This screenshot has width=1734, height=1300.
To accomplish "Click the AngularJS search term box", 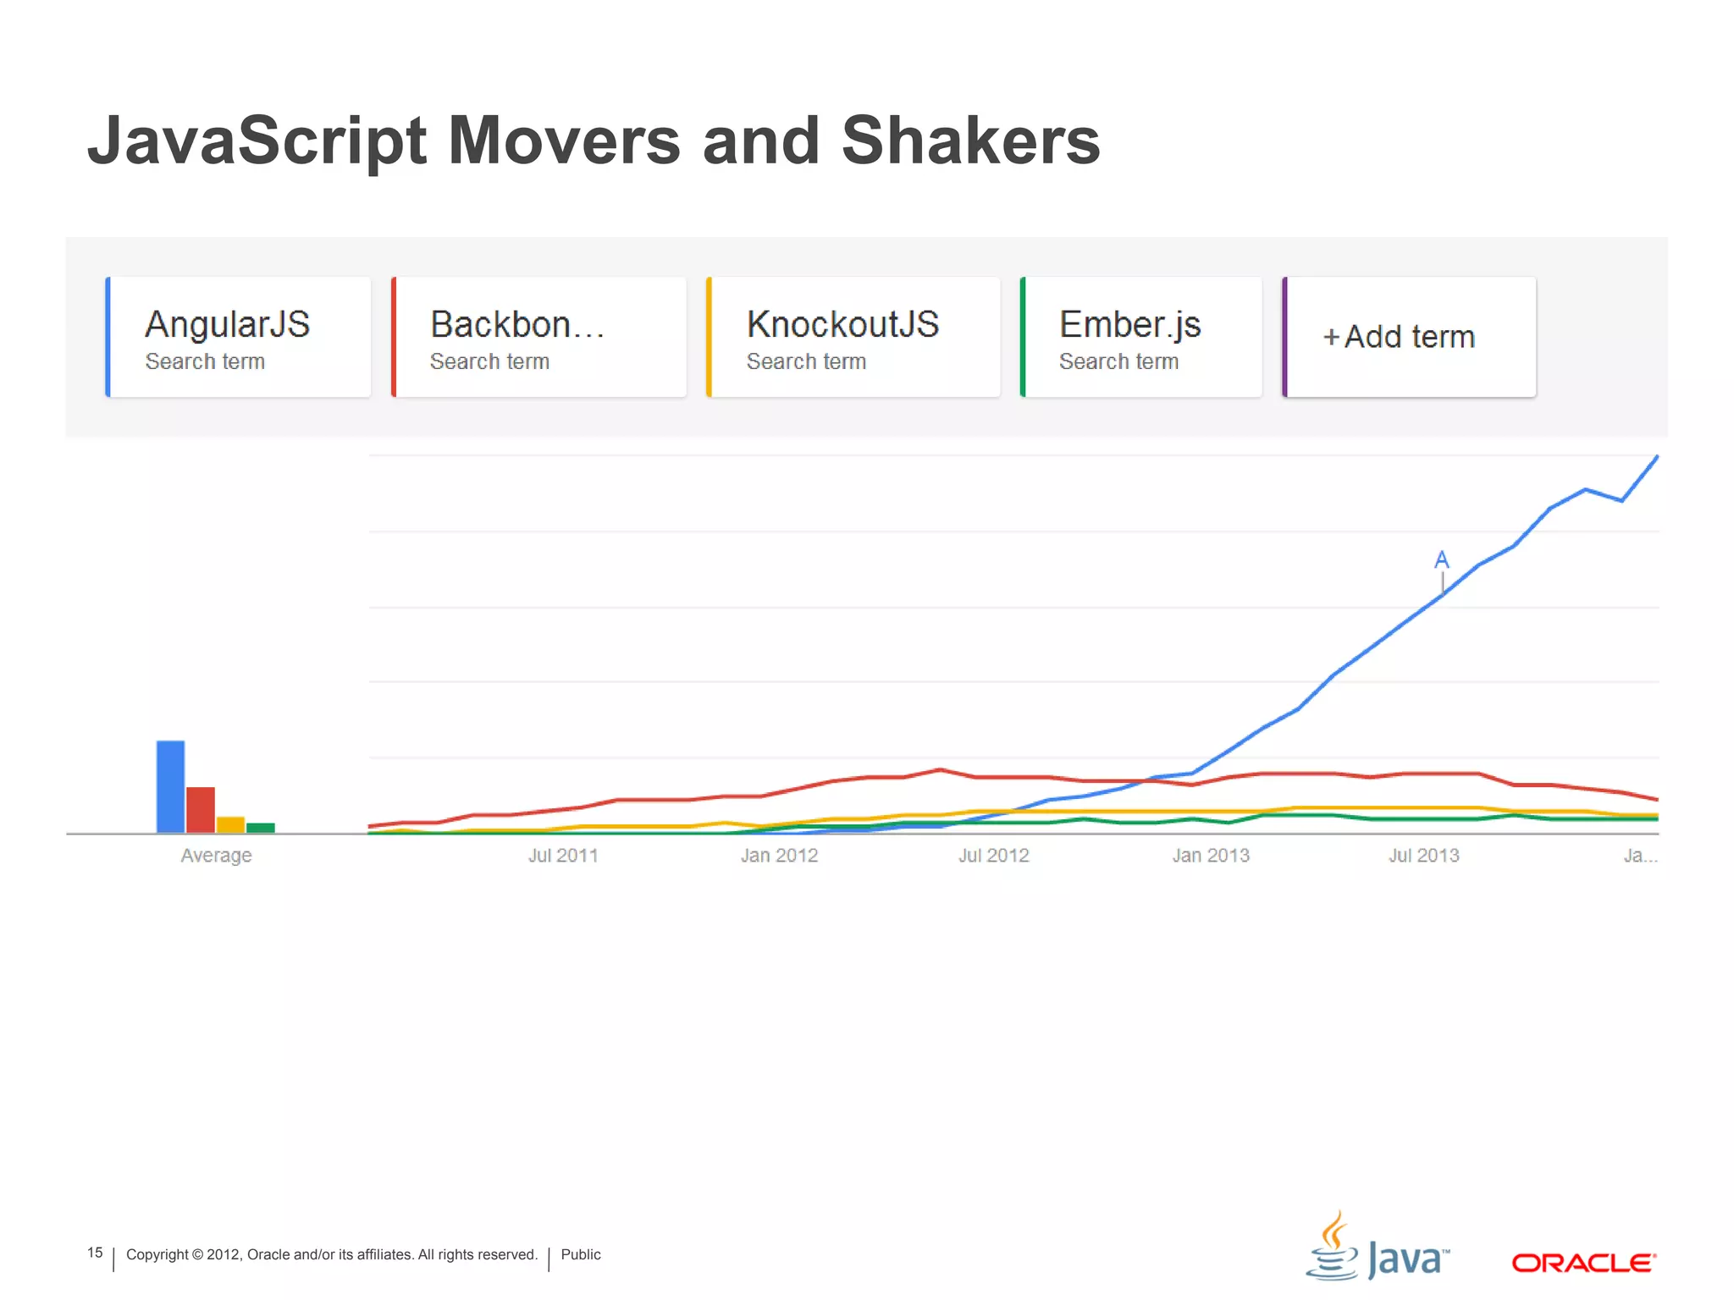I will pyautogui.click(x=239, y=337).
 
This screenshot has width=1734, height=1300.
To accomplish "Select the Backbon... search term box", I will pyautogui.click(x=539, y=337).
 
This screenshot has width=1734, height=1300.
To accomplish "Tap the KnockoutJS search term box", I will pyautogui.click(x=853, y=337).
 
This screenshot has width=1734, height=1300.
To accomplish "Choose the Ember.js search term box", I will pyautogui.click(x=1141, y=337).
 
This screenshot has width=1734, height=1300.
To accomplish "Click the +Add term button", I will pyautogui.click(x=1410, y=337).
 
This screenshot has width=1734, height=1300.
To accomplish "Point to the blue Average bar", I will pyautogui.click(x=170, y=787).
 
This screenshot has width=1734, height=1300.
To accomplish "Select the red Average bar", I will pyautogui.click(x=201, y=810).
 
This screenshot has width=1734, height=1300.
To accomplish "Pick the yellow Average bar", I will pyautogui.click(x=230, y=824).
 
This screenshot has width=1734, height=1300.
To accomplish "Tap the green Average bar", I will pyautogui.click(x=261, y=828).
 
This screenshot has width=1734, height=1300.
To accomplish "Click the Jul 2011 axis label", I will pyautogui.click(x=563, y=856).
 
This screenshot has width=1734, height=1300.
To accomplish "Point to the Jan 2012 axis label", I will pyautogui.click(x=779, y=856).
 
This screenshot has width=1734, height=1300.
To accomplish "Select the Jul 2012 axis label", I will pyautogui.click(x=993, y=856).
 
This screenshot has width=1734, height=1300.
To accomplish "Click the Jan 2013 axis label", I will pyautogui.click(x=1211, y=856).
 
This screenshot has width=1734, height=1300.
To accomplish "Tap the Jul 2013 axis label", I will pyautogui.click(x=1424, y=856).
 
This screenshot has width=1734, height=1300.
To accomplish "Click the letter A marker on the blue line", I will pyautogui.click(x=1442, y=560).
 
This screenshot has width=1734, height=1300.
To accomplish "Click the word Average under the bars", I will pyautogui.click(x=216, y=856).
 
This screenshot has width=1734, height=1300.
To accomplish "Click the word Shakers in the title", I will pyautogui.click(x=970, y=140).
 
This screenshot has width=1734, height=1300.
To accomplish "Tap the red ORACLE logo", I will pyautogui.click(x=1583, y=1263).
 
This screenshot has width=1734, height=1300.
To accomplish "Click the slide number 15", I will pyautogui.click(x=95, y=1253).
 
